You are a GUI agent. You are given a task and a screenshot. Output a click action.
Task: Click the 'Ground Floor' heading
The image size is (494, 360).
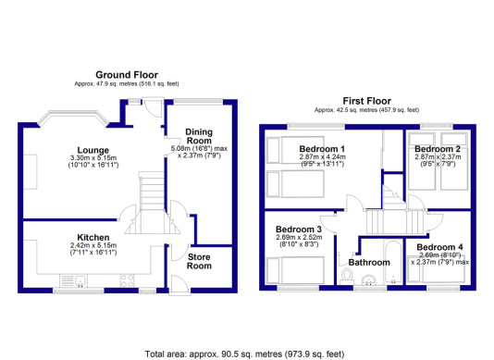click(x=127, y=74)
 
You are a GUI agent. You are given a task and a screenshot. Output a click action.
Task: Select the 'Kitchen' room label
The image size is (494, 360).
click(x=94, y=238)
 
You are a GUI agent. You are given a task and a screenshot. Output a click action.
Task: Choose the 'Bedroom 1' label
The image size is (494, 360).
click(x=322, y=149)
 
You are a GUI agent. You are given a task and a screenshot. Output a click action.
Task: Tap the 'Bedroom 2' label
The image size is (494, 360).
click(x=437, y=149)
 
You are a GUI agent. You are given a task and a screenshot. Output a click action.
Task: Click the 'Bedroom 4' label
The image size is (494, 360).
click(x=438, y=247)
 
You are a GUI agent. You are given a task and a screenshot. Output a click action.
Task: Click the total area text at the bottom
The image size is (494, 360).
click(x=246, y=352)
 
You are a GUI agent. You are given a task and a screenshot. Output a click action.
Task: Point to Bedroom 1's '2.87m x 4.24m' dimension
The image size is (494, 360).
click(x=322, y=159)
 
